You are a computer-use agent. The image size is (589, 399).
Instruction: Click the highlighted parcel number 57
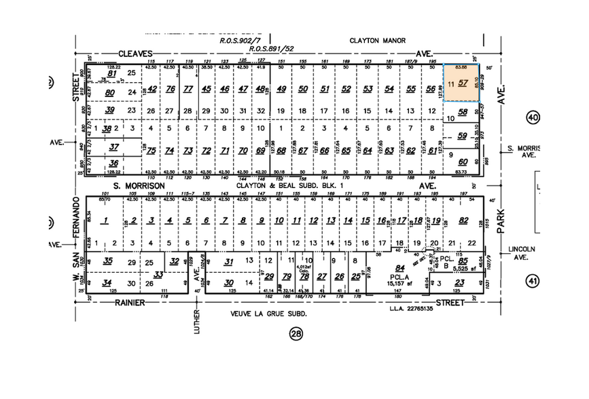click(463, 83)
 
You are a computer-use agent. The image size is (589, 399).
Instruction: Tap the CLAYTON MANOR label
click(372, 41)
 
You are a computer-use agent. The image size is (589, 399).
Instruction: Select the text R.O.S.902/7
click(236, 41)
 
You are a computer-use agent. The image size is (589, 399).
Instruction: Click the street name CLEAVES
click(136, 53)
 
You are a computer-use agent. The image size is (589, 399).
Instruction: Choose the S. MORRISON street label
click(139, 185)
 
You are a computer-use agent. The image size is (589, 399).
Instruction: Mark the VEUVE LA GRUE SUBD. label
click(270, 314)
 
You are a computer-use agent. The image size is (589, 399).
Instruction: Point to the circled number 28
click(296, 333)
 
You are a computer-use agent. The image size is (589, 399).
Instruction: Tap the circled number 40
click(531, 119)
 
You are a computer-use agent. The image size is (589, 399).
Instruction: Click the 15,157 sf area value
click(401, 283)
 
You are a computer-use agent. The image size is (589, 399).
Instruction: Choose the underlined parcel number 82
click(464, 221)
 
